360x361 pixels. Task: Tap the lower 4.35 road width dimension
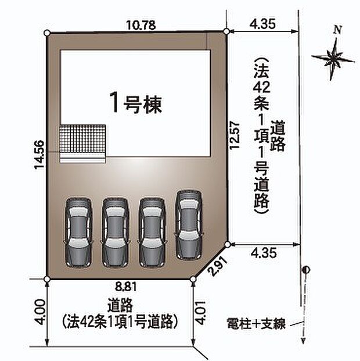coord(264,252)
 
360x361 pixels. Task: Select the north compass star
coord(333,58)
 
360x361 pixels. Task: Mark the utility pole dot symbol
coord(306,269)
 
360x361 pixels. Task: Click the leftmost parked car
coord(78,231)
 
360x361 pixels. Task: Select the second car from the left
coord(116,231)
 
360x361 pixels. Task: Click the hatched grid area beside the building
coord(83,138)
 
